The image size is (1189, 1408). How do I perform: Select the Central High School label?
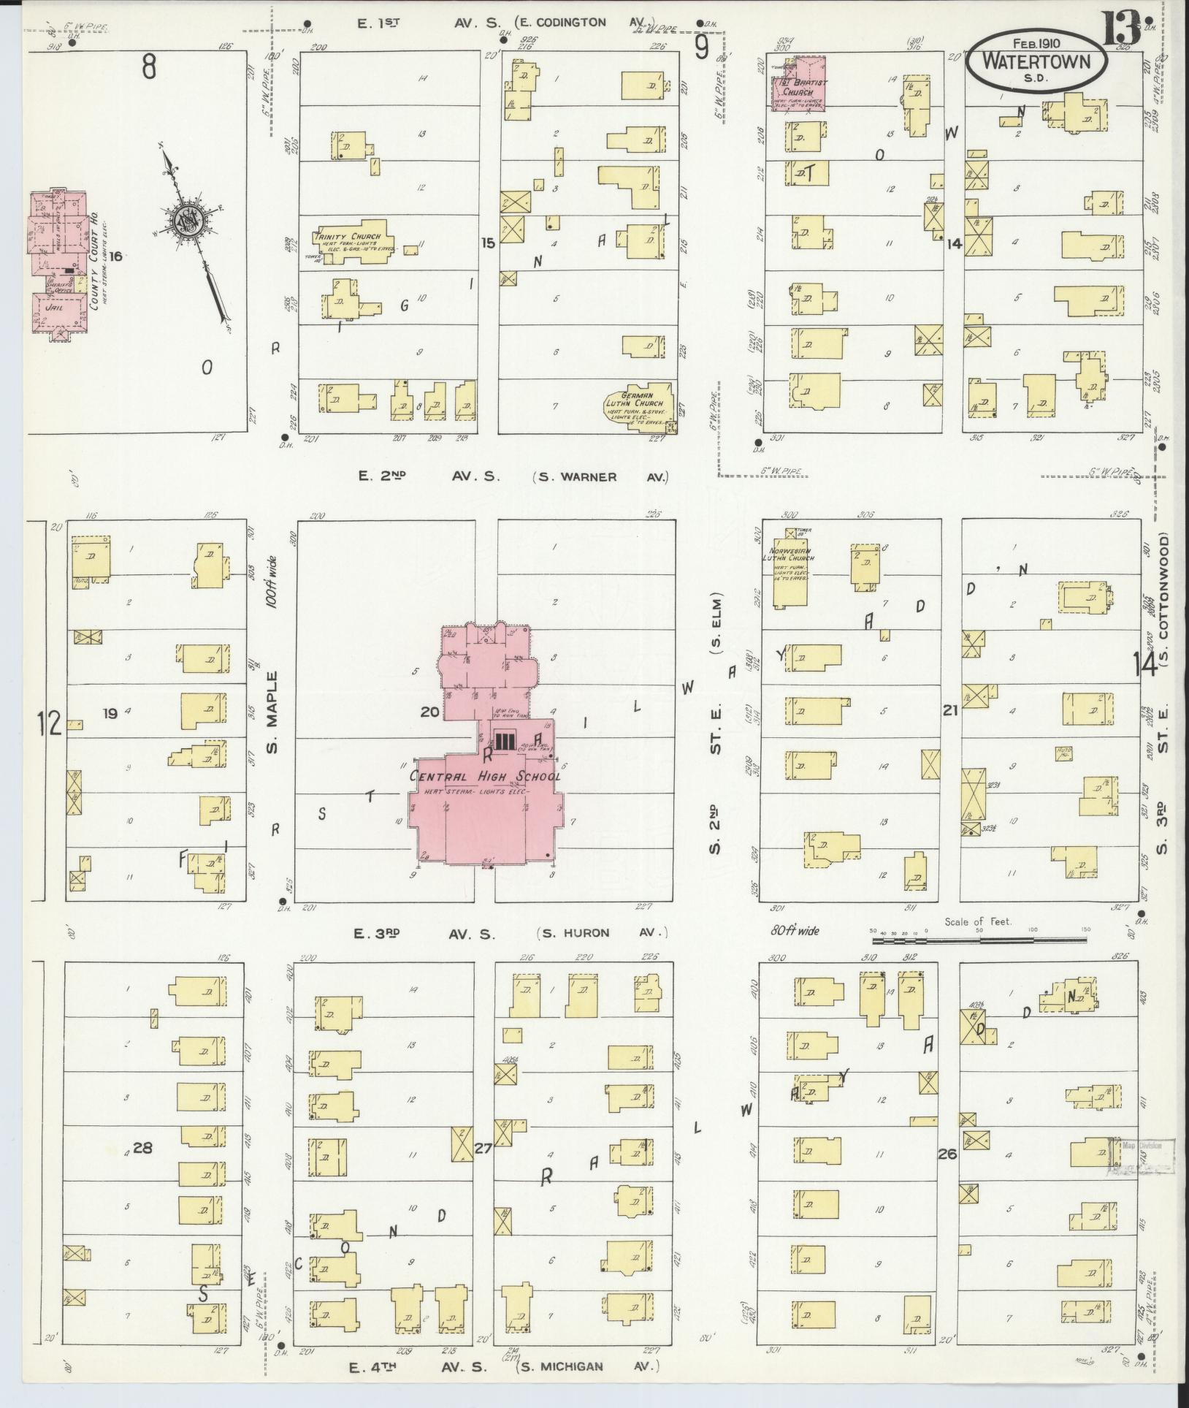point(486,776)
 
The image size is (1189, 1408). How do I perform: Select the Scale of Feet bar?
point(979,940)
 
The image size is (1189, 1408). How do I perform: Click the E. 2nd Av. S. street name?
point(429,476)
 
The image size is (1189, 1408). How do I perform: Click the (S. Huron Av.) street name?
point(602,933)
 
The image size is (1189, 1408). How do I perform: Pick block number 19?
point(110,713)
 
